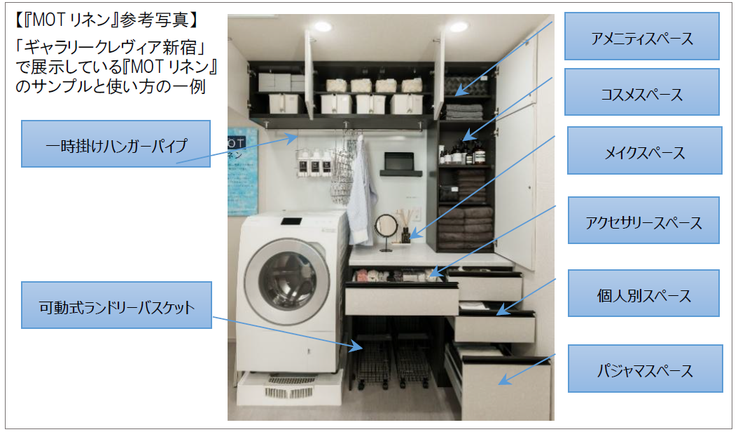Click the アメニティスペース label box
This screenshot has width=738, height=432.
[x=641, y=36]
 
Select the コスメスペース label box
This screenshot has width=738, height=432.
[x=641, y=92]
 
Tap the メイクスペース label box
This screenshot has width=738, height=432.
[x=644, y=151]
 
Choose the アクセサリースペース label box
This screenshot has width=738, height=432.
[x=643, y=220]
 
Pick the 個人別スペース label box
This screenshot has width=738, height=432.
[x=643, y=293]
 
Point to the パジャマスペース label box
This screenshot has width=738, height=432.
[x=645, y=369]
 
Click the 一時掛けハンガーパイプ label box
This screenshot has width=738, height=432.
[x=116, y=144]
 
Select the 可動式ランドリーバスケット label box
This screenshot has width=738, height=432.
[x=116, y=305]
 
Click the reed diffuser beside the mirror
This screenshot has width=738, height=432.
[x=405, y=226]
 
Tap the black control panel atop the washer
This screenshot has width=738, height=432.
[x=292, y=221]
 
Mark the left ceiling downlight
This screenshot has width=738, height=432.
[x=323, y=27]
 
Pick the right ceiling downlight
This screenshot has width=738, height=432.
[x=458, y=27]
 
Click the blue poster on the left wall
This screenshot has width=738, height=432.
[x=242, y=172]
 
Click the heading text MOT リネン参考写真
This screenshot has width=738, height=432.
[x=106, y=20]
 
